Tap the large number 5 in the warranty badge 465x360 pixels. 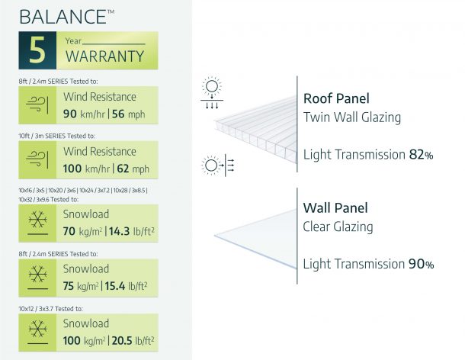pyautogui.click(x=37, y=50)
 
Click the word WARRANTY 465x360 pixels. pyautogui.click(x=104, y=56)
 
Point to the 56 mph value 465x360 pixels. pyautogui.click(x=128, y=114)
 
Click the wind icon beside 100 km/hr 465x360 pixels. pyautogui.click(x=37, y=160)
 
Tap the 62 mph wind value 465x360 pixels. pyautogui.click(x=133, y=169)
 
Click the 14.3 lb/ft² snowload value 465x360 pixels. pyautogui.click(x=132, y=231)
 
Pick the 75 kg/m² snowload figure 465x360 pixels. pyautogui.click(x=81, y=286)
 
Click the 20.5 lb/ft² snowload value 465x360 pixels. pyautogui.click(x=133, y=341)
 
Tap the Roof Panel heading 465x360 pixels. pyautogui.click(x=336, y=98)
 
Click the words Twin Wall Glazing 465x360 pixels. pyautogui.click(x=352, y=117)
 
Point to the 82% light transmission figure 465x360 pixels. pyautogui.click(x=421, y=155)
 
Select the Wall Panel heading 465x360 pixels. pyautogui.click(x=335, y=207)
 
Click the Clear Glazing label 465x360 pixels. pyautogui.click(x=338, y=227)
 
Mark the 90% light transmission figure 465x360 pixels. pyautogui.click(x=421, y=264)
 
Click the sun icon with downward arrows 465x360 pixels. pyautogui.click(x=212, y=92)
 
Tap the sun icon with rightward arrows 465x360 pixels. pyautogui.click(x=218, y=165)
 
